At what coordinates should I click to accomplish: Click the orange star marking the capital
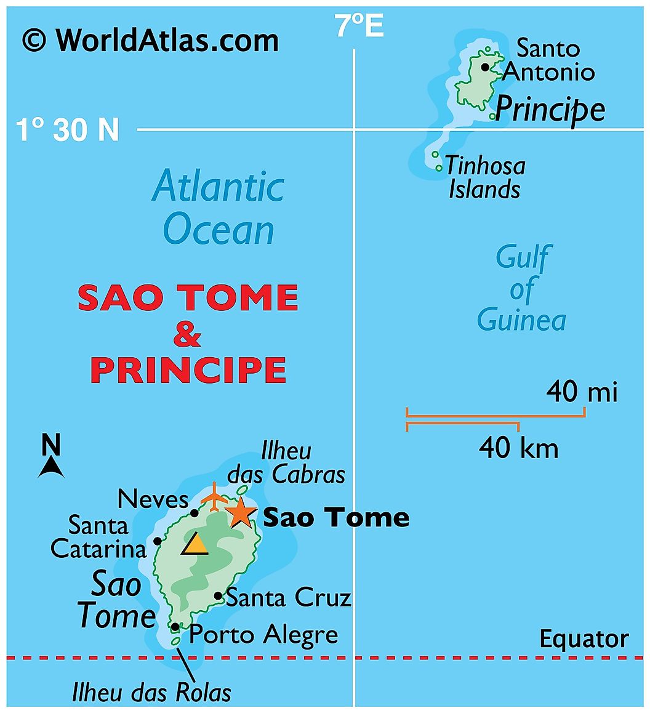[241, 512]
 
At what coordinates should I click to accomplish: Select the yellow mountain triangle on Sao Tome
[195, 544]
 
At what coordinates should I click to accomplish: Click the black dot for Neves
[195, 513]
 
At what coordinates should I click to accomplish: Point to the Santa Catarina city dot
[158, 541]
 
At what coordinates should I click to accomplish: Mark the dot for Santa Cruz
[218, 596]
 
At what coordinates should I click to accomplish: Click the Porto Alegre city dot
[175, 627]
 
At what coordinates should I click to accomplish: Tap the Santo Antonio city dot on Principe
[485, 67]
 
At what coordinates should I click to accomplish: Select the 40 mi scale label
[582, 392]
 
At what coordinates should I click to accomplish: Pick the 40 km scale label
[518, 448]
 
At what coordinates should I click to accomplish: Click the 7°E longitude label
[359, 26]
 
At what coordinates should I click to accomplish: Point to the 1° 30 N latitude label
[67, 130]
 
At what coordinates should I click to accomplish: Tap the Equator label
[584, 639]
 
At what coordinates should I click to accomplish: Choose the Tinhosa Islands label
[485, 177]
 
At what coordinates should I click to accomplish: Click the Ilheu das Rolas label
[151, 693]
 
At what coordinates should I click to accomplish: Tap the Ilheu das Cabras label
[286, 463]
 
